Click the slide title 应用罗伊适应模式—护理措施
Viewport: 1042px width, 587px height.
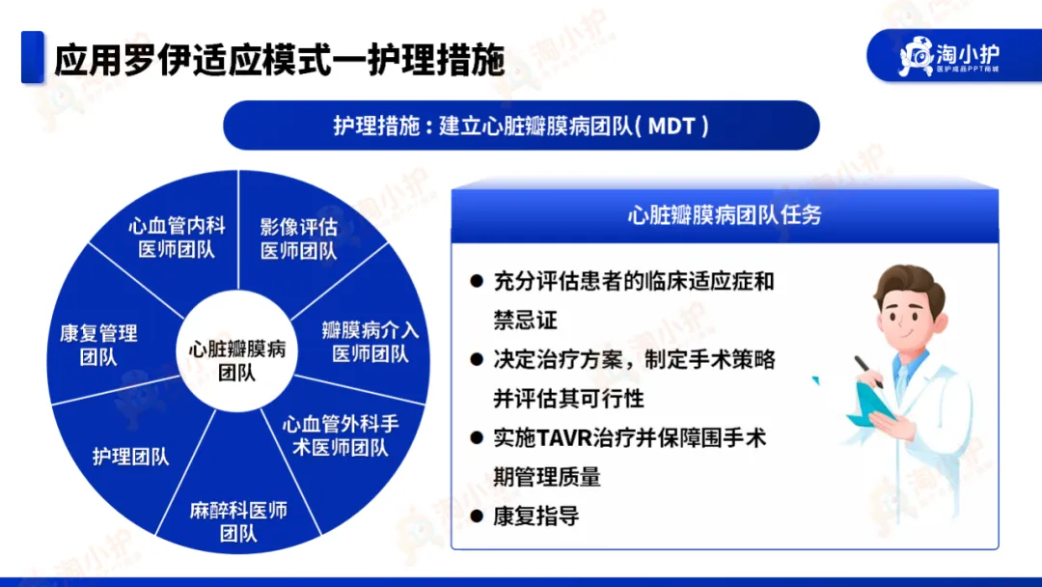click(x=279, y=61)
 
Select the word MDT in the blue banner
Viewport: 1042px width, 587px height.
click(x=672, y=126)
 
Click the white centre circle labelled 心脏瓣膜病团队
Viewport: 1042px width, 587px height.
click(x=237, y=350)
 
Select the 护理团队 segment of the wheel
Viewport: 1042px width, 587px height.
click(x=130, y=457)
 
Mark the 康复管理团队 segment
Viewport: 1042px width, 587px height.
click(x=98, y=345)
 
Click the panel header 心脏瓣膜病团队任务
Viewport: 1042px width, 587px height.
click(x=725, y=214)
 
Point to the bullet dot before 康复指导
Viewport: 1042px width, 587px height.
click(x=477, y=516)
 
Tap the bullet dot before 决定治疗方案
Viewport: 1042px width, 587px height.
click(x=477, y=360)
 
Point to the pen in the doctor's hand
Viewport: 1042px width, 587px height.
click(x=868, y=372)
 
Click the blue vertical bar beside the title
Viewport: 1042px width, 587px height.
click(x=33, y=57)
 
